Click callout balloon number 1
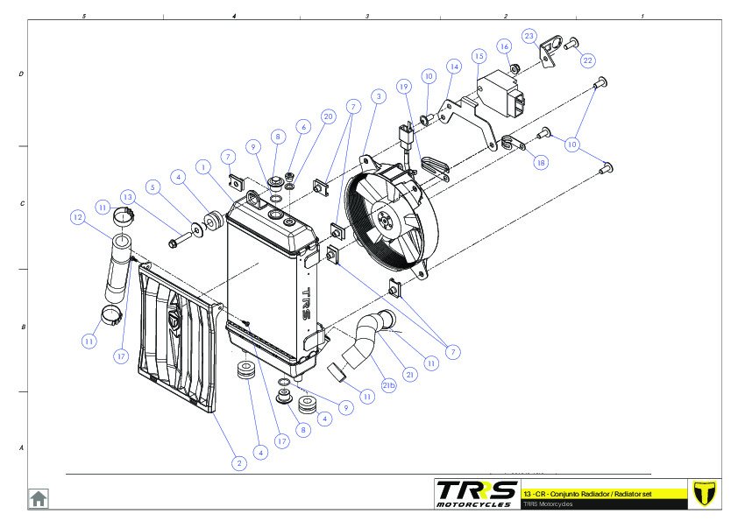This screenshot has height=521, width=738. click(202, 165)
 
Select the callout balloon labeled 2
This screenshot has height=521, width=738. click(238, 463)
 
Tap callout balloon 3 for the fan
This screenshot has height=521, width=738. click(378, 95)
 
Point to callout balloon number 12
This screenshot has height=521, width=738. click(78, 216)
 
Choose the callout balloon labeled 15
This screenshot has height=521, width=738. click(479, 55)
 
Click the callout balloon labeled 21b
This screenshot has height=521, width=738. click(388, 385)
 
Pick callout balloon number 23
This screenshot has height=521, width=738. click(529, 36)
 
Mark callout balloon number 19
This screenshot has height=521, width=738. click(404, 87)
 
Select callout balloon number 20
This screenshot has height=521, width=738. click(328, 116)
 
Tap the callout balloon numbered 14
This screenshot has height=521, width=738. click(453, 67)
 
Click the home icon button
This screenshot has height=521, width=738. click(39, 498)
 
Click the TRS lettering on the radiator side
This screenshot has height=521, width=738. click(307, 303)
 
